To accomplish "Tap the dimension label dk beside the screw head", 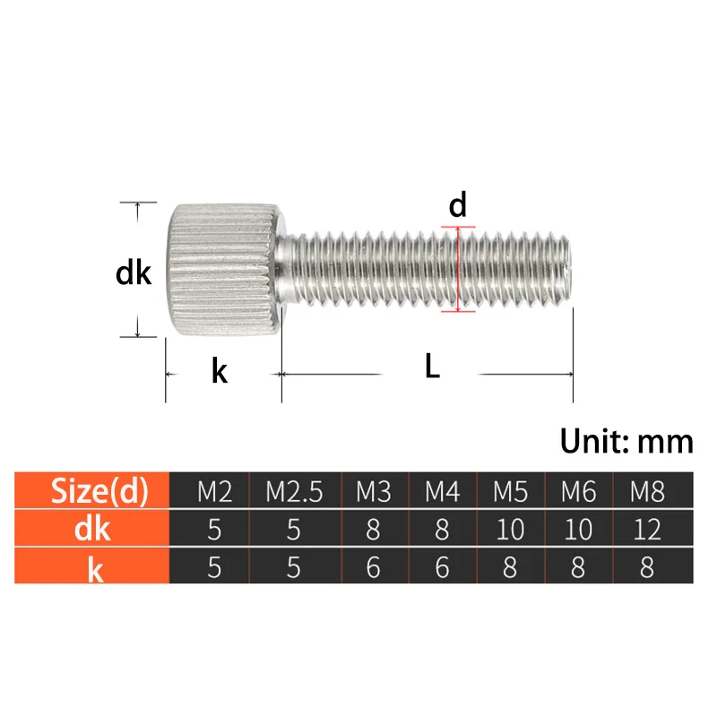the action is pos(134,272).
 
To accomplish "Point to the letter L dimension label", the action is pos(432,367).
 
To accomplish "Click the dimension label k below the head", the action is pos(219,369).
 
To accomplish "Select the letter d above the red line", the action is pos(458,206).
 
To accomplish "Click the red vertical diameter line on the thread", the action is pos(458,269).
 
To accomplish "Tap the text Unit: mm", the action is pos(626,441).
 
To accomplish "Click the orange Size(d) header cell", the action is pos(93,490).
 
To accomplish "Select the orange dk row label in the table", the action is pos(93,529).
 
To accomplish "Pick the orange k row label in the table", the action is pos(93,567).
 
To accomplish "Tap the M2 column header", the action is pos(214,491).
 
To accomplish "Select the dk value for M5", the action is pos(510,529).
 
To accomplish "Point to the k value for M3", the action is pos(374,567).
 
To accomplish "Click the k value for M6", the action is pos(578,567).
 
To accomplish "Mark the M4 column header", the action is pos(442,491).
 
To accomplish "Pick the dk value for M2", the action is pos(214,529).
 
